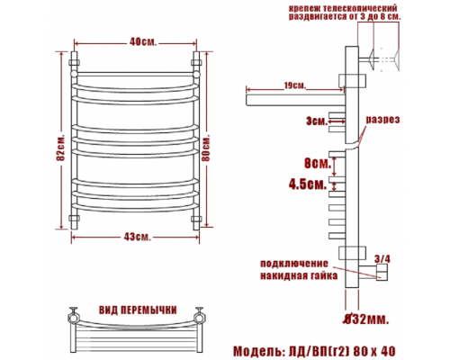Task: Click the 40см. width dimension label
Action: coord(143,42)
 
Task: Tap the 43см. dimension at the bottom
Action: coord(137,237)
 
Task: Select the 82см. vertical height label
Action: coord(61,148)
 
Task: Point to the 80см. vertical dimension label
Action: coord(206,148)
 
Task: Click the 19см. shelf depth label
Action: coord(295,85)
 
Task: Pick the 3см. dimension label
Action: coord(317,121)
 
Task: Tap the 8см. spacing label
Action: coord(318,164)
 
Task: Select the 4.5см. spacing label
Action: coord(308,184)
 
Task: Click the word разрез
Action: coord(382,120)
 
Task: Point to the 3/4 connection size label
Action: coord(382,259)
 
